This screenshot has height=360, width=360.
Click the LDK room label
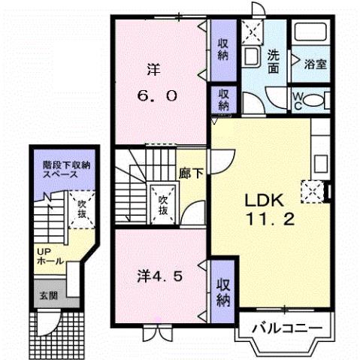[261, 201]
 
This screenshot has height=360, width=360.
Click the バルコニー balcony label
[286, 328]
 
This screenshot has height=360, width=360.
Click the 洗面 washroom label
[274, 61]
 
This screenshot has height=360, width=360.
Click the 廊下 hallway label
[189, 171]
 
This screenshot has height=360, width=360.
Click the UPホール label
[46, 256]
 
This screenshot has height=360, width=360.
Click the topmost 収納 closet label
[224, 50]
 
